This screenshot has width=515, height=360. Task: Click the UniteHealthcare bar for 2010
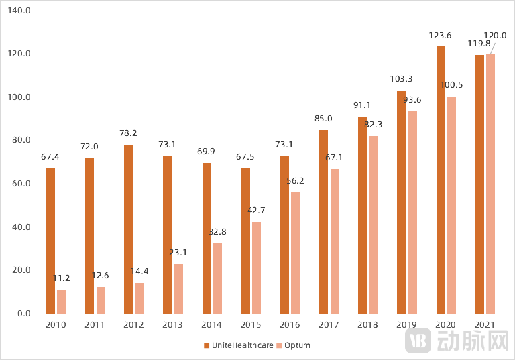click(50, 241)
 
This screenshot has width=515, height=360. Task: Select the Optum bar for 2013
click(178, 289)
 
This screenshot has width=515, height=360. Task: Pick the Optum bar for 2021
click(491, 184)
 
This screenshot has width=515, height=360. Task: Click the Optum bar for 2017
click(335, 241)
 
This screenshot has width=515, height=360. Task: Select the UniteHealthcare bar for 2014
click(207, 238)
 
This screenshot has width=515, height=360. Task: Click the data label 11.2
click(62, 278)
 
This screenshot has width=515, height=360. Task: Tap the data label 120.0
click(495, 35)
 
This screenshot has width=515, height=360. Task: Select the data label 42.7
click(257, 210)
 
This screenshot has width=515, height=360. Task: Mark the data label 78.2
click(129, 133)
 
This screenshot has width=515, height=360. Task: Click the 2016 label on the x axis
click(290, 325)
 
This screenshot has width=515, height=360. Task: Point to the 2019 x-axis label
click(406, 325)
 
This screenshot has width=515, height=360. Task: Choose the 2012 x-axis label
click(133, 325)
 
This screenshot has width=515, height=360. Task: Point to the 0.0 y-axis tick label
click(24, 314)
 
